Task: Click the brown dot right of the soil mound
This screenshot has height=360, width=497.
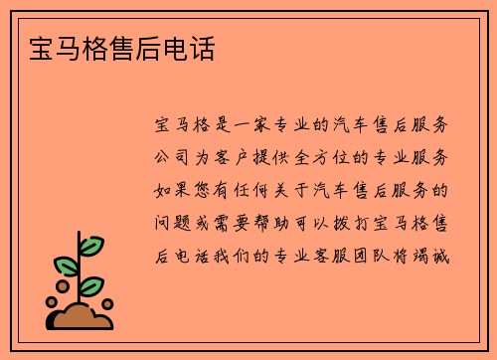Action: pyautogui.click(x=107, y=305)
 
